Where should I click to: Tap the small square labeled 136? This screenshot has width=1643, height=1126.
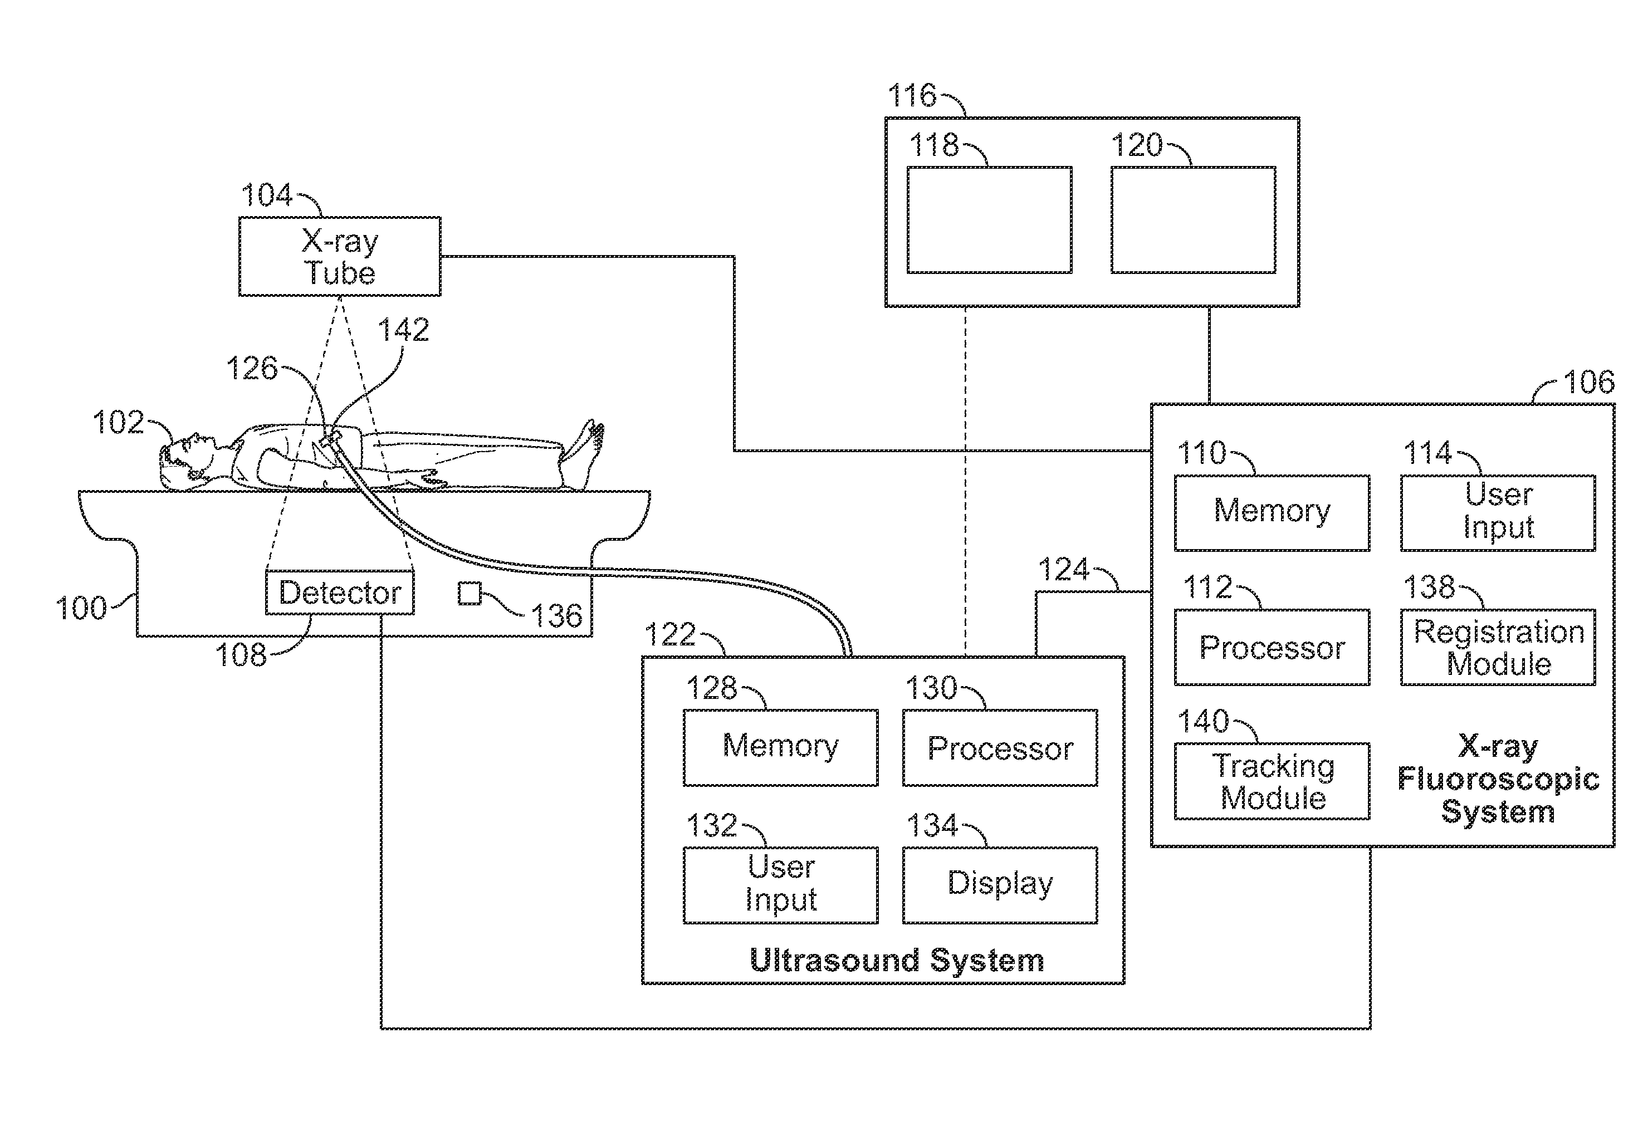click(x=470, y=594)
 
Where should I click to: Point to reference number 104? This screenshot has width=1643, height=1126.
click(x=267, y=195)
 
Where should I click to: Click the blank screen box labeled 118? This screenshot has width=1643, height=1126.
click(x=989, y=220)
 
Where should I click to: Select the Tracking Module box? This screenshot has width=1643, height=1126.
click(x=1272, y=781)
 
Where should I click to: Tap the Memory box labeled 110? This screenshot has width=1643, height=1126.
click(x=1272, y=512)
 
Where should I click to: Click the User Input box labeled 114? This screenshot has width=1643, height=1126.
click(x=1498, y=512)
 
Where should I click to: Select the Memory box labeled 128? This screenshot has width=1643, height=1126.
click(x=780, y=747)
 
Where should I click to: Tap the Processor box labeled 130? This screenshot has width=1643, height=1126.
click(x=1000, y=747)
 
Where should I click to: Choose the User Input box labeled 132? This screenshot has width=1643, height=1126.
click(x=780, y=884)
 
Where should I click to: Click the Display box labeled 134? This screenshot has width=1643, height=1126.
click(x=1000, y=884)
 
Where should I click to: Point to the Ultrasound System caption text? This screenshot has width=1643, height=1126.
click(x=897, y=960)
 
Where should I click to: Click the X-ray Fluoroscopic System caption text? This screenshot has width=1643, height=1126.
click(x=1498, y=779)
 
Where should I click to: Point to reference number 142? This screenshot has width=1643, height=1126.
click(x=403, y=330)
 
